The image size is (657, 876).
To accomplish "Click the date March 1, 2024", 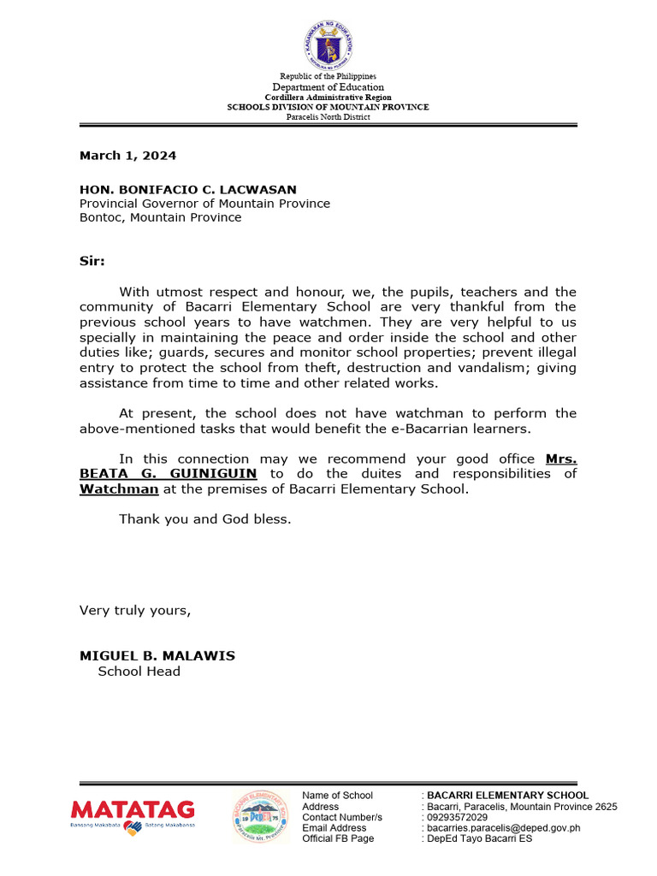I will click(x=128, y=156).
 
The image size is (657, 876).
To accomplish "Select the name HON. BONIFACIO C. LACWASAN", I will click(x=188, y=190).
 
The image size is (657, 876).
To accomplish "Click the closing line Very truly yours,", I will click(x=135, y=611).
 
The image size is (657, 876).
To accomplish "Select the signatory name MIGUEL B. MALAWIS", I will click(x=157, y=656).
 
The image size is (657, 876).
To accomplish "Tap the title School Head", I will click(x=139, y=672).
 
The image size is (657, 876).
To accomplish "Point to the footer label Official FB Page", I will click(x=338, y=839).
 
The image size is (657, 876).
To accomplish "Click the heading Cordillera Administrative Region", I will click(x=328, y=98).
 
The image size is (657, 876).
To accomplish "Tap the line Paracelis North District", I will click(x=328, y=117).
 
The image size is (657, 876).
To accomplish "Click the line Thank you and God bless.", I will click(x=205, y=519).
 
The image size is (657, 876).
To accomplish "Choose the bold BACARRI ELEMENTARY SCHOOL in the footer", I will click(x=507, y=796).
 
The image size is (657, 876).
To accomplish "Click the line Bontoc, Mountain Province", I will click(x=161, y=217).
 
